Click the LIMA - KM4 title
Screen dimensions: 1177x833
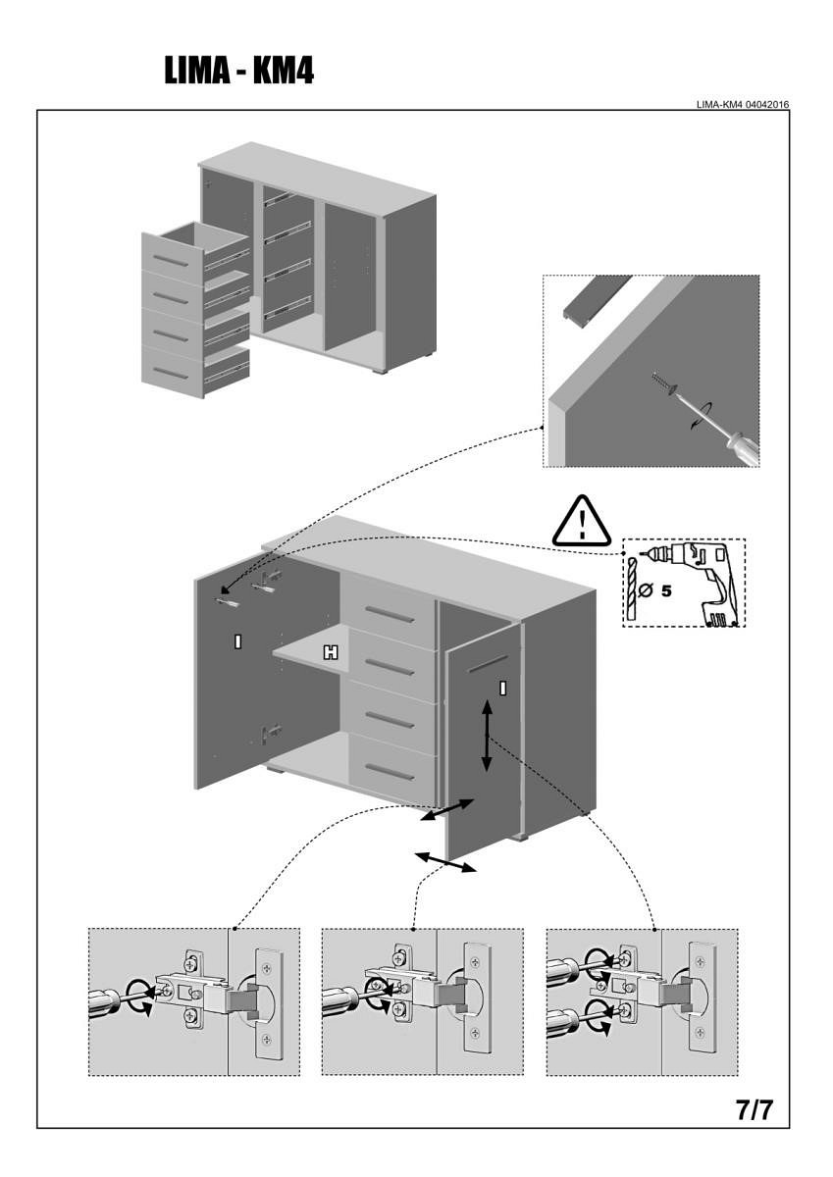(238, 70)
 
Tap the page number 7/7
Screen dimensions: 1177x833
(755, 1110)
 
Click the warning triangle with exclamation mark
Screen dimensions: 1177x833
(582, 522)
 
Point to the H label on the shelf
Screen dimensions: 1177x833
(331, 652)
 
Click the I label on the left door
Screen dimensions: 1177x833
(237, 641)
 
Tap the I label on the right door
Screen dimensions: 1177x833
(503, 687)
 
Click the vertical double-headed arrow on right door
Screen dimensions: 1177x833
(488, 736)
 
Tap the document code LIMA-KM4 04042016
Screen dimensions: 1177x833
(743, 104)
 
